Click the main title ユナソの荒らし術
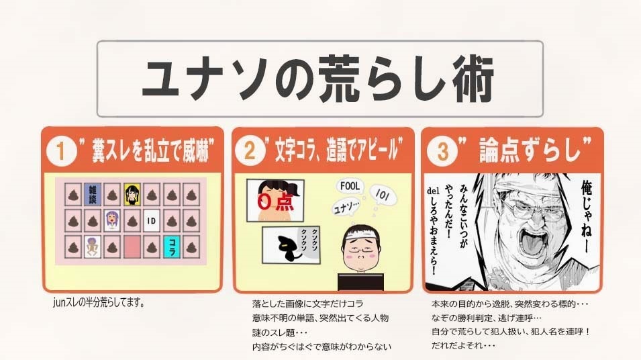pos(317,79)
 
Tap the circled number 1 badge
pos(61,151)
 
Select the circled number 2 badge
pos(250,150)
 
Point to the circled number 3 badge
pos(442,151)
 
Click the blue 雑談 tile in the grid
pos(93,194)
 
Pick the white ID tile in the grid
pos(151,221)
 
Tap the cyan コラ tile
pos(172,247)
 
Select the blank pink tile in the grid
pos(132,247)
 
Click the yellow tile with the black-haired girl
pos(132,194)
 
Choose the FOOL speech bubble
pos(350,187)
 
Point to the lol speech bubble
pos(383,195)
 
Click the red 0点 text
pos(276,202)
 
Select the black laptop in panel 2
pos(361,282)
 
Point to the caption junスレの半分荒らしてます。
pos(99,303)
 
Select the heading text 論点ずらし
pos(530,150)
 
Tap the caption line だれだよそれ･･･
pos(463,345)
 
